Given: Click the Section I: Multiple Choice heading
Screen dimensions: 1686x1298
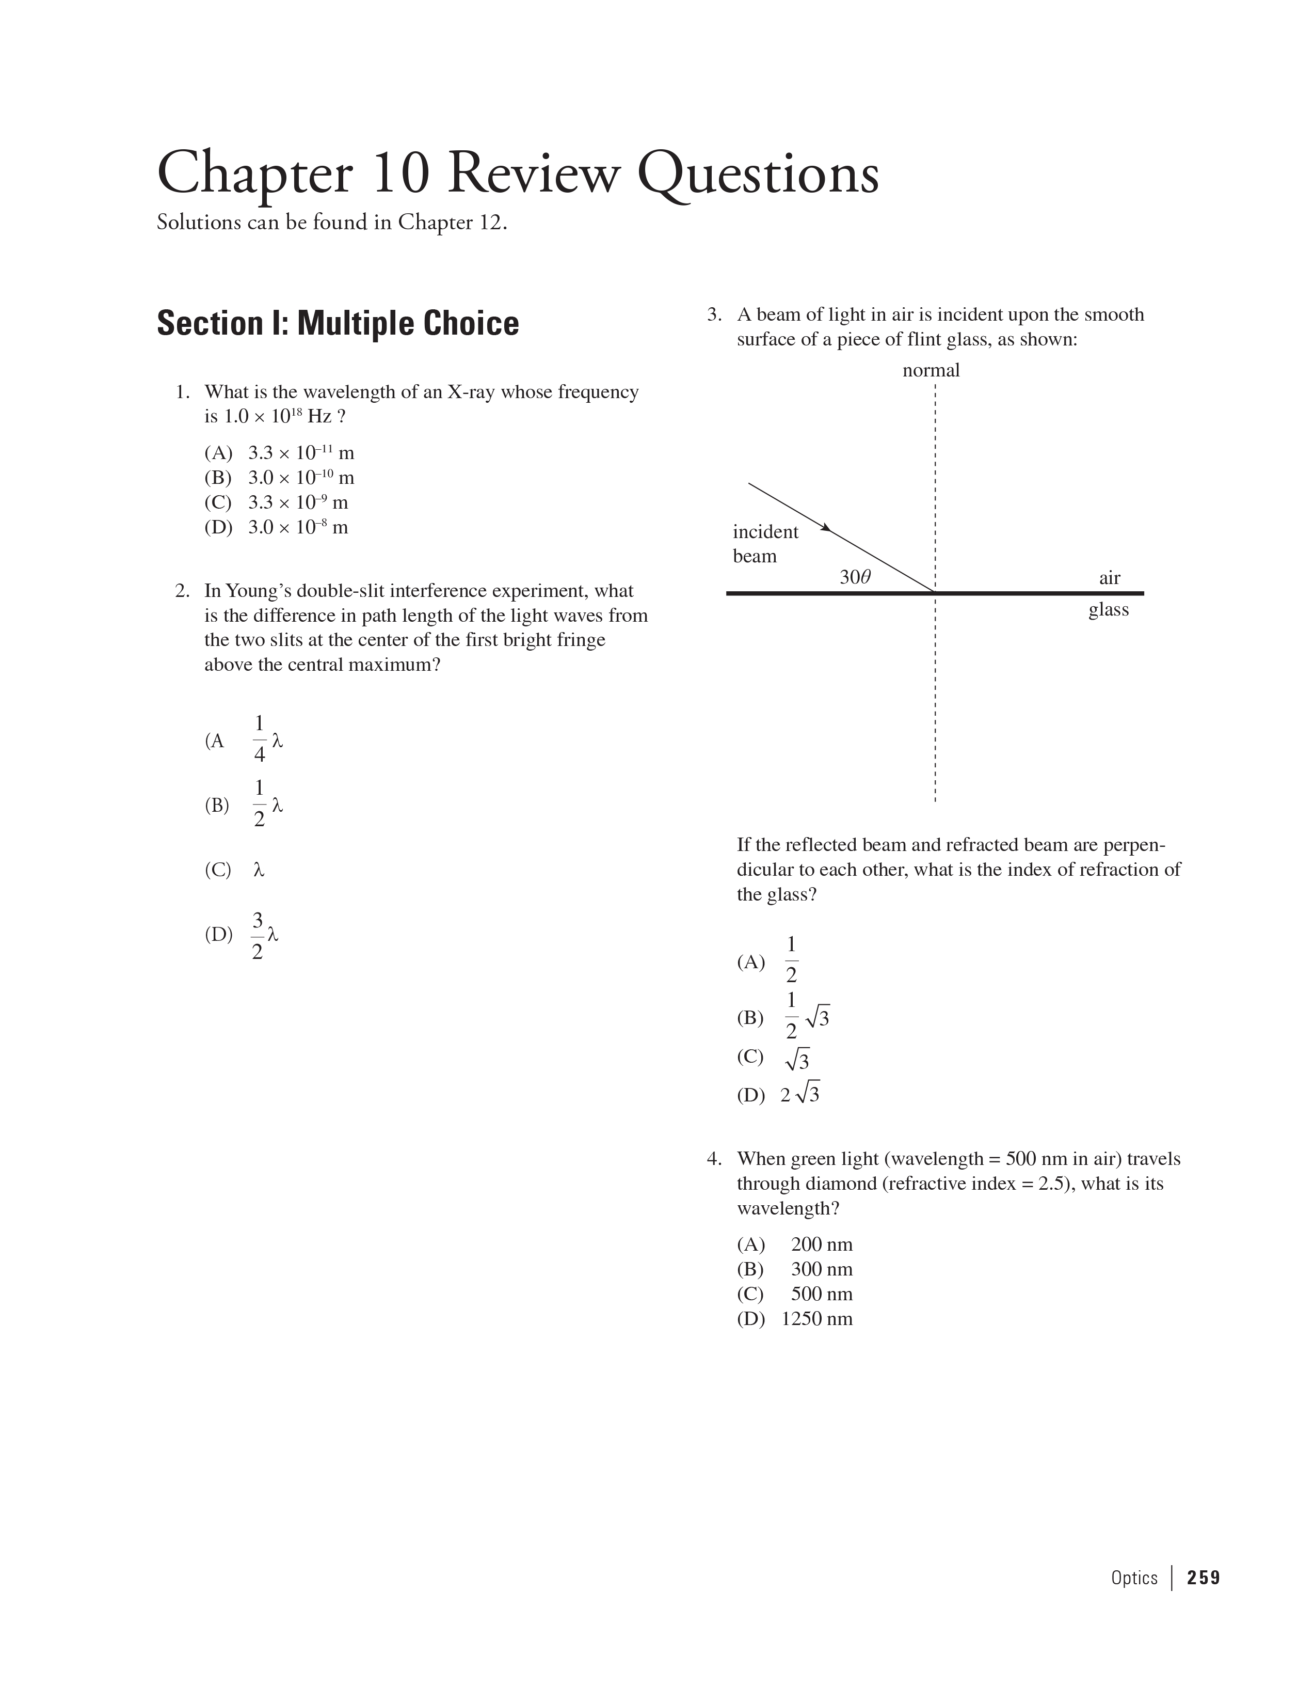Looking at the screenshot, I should pyautogui.click(x=337, y=323).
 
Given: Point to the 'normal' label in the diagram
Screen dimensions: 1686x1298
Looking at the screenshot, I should pyautogui.click(x=931, y=371).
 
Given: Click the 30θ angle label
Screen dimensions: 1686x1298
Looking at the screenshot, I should pyautogui.click(x=855, y=577).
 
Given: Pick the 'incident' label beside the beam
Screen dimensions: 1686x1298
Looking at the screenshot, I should pyautogui.click(x=765, y=532).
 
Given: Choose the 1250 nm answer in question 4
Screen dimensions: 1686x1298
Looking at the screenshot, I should pyautogui.click(x=816, y=1318).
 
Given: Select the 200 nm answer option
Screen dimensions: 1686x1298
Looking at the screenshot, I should pyautogui.click(x=821, y=1244).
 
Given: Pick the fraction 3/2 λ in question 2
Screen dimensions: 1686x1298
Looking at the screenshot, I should pyautogui.click(x=265, y=935).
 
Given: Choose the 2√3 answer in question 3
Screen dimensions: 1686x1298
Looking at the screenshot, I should pyautogui.click(x=799, y=1095).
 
